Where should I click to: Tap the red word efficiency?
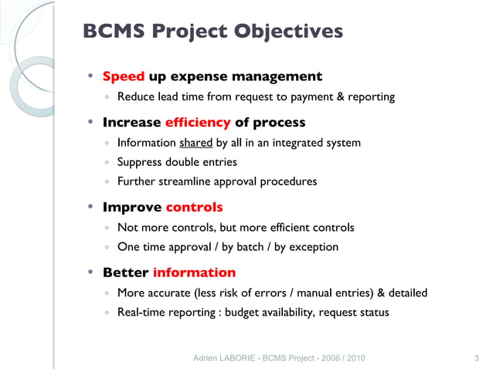197,122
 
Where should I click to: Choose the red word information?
194,273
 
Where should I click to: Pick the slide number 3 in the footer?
475,358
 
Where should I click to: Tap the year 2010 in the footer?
354,358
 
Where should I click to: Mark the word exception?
313,248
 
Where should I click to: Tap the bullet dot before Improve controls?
90,207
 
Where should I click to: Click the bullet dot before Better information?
90,272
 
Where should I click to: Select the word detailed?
405,293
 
